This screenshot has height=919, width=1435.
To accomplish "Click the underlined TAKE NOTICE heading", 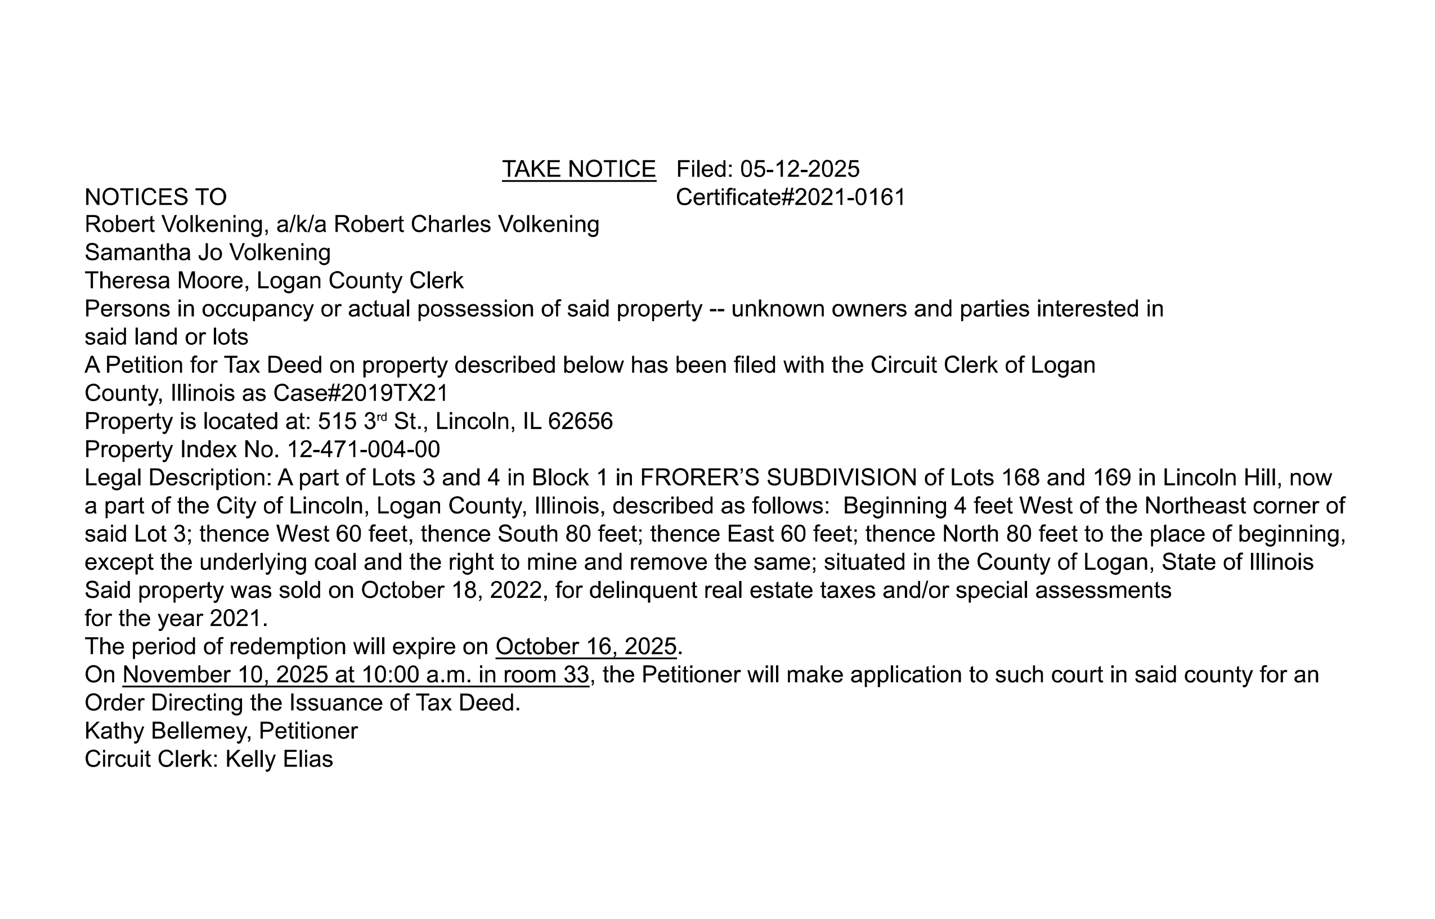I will [x=579, y=169].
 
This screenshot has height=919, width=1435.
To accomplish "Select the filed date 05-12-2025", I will [x=799, y=169].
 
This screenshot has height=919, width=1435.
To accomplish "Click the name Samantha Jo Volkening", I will [x=207, y=253].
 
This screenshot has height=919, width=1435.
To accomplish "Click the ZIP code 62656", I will [x=580, y=421].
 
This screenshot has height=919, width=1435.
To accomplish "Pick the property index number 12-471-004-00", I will [x=364, y=449].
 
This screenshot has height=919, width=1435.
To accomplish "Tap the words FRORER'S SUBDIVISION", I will [x=778, y=477].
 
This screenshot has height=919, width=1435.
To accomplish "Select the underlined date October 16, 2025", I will [x=586, y=646].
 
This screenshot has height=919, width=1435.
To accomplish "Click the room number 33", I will [x=576, y=674].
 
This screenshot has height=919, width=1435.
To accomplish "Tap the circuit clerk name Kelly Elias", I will [x=279, y=759].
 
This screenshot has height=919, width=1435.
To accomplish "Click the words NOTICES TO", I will [x=155, y=197].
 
